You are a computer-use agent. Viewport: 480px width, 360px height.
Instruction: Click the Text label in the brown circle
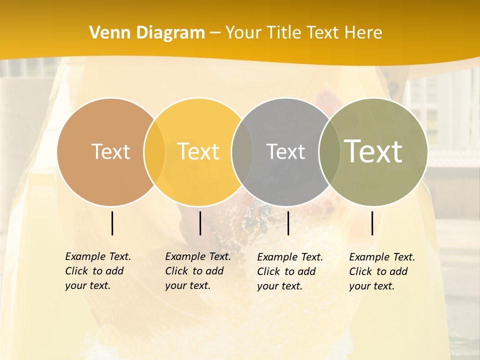(110, 151)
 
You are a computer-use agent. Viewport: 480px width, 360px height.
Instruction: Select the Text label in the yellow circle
(198, 151)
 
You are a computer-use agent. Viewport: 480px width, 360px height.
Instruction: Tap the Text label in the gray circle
(285, 151)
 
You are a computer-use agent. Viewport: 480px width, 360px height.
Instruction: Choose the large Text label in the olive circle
(373, 151)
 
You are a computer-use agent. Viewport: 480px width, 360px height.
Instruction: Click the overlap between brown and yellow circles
(154, 152)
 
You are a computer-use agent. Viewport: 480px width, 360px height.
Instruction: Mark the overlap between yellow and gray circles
(242, 152)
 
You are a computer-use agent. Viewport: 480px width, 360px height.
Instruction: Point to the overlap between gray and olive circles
(329, 152)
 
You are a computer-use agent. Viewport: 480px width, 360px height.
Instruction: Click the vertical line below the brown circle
(112, 223)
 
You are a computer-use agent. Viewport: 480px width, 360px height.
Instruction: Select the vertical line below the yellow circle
(200, 223)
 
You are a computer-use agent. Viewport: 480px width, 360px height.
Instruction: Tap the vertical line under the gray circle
(288, 223)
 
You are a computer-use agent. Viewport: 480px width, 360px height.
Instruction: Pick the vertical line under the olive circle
(372, 223)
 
